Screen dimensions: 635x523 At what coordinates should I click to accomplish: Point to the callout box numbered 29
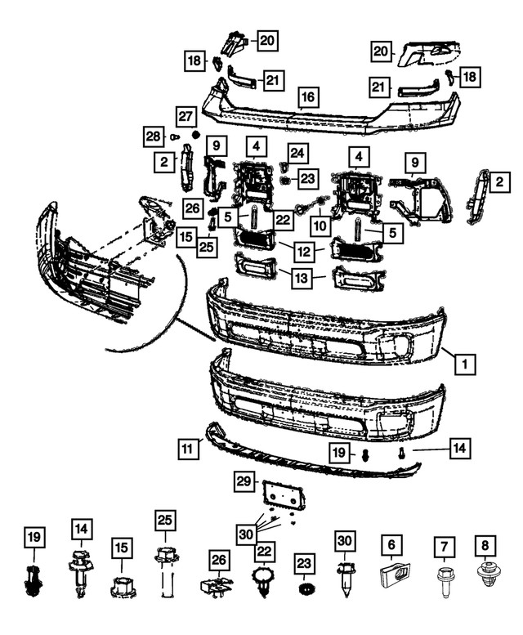[x=244, y=483]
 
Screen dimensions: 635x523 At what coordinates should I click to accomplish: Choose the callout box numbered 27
[x=186, y=116]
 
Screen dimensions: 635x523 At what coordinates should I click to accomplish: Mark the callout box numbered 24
[x=297, y=152]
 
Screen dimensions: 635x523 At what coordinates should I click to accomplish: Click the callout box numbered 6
[x=391, y=543]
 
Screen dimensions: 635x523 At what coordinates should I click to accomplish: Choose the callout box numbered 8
[x=487, y=543]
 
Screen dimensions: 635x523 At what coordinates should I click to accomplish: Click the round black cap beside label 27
[x=195, y=134]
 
